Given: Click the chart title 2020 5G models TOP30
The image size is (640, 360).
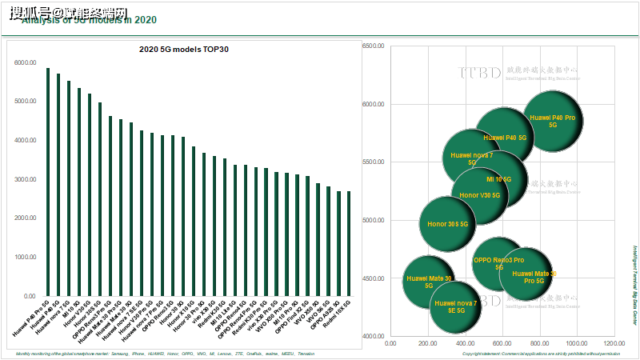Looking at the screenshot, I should pyautogui.click(x=185, y=50).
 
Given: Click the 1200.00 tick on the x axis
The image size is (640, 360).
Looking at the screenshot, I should pyautogui.click(x=614, y=343).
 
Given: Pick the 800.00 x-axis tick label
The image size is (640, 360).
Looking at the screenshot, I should pyautogui.click(x=539, y=343).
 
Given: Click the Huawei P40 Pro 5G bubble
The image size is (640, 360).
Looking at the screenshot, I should pyautogui.click(x=553, y=122).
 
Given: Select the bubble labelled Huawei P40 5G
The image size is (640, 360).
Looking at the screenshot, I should pyautogui.click(x=506, y=138).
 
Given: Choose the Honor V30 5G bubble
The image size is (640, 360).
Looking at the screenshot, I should pyautogui.click(x=480, y=195).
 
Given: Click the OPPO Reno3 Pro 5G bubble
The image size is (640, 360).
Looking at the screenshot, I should pyautogui.click(x=498, y=263).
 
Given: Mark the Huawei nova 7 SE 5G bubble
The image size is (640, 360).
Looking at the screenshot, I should pyautogui.click(x=456, y=307).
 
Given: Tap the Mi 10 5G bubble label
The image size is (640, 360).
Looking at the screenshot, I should pyautogui.click(x=498, y=179).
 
